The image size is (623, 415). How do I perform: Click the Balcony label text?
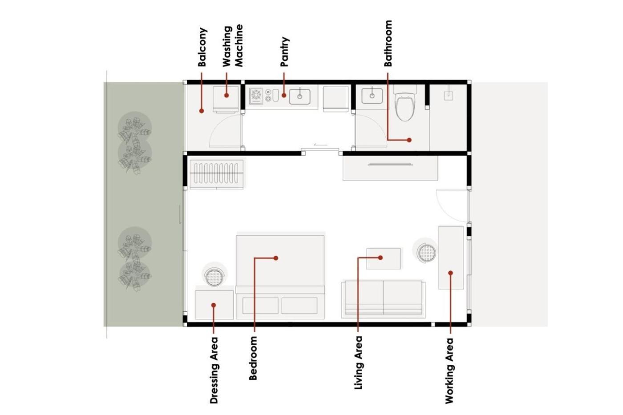pos(202,47)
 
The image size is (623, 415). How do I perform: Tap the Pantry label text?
pos(284,52)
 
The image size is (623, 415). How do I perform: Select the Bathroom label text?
pos(388,43)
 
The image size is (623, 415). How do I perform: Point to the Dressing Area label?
pos(214,370)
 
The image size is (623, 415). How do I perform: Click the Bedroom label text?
pos(253,358)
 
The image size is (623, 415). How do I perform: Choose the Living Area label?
pos(359,363)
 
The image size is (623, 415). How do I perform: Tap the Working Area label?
pos(449,371)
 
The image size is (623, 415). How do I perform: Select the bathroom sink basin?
pos(372,96)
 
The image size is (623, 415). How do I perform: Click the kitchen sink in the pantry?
pos(299,97)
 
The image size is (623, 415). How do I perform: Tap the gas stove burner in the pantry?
pos(256,96)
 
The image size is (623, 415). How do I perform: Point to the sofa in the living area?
pos(384,298)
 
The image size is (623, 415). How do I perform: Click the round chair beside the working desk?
pos(426,253)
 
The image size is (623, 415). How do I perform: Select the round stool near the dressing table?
pos(214,276)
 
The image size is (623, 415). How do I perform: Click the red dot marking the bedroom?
pos(276,258)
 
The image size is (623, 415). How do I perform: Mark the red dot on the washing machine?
pos(227,95)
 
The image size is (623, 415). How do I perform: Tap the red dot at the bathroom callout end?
pos(409,140)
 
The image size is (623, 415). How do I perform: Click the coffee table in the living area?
pos(384,258)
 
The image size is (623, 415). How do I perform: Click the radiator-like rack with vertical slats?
pos(217,173)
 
